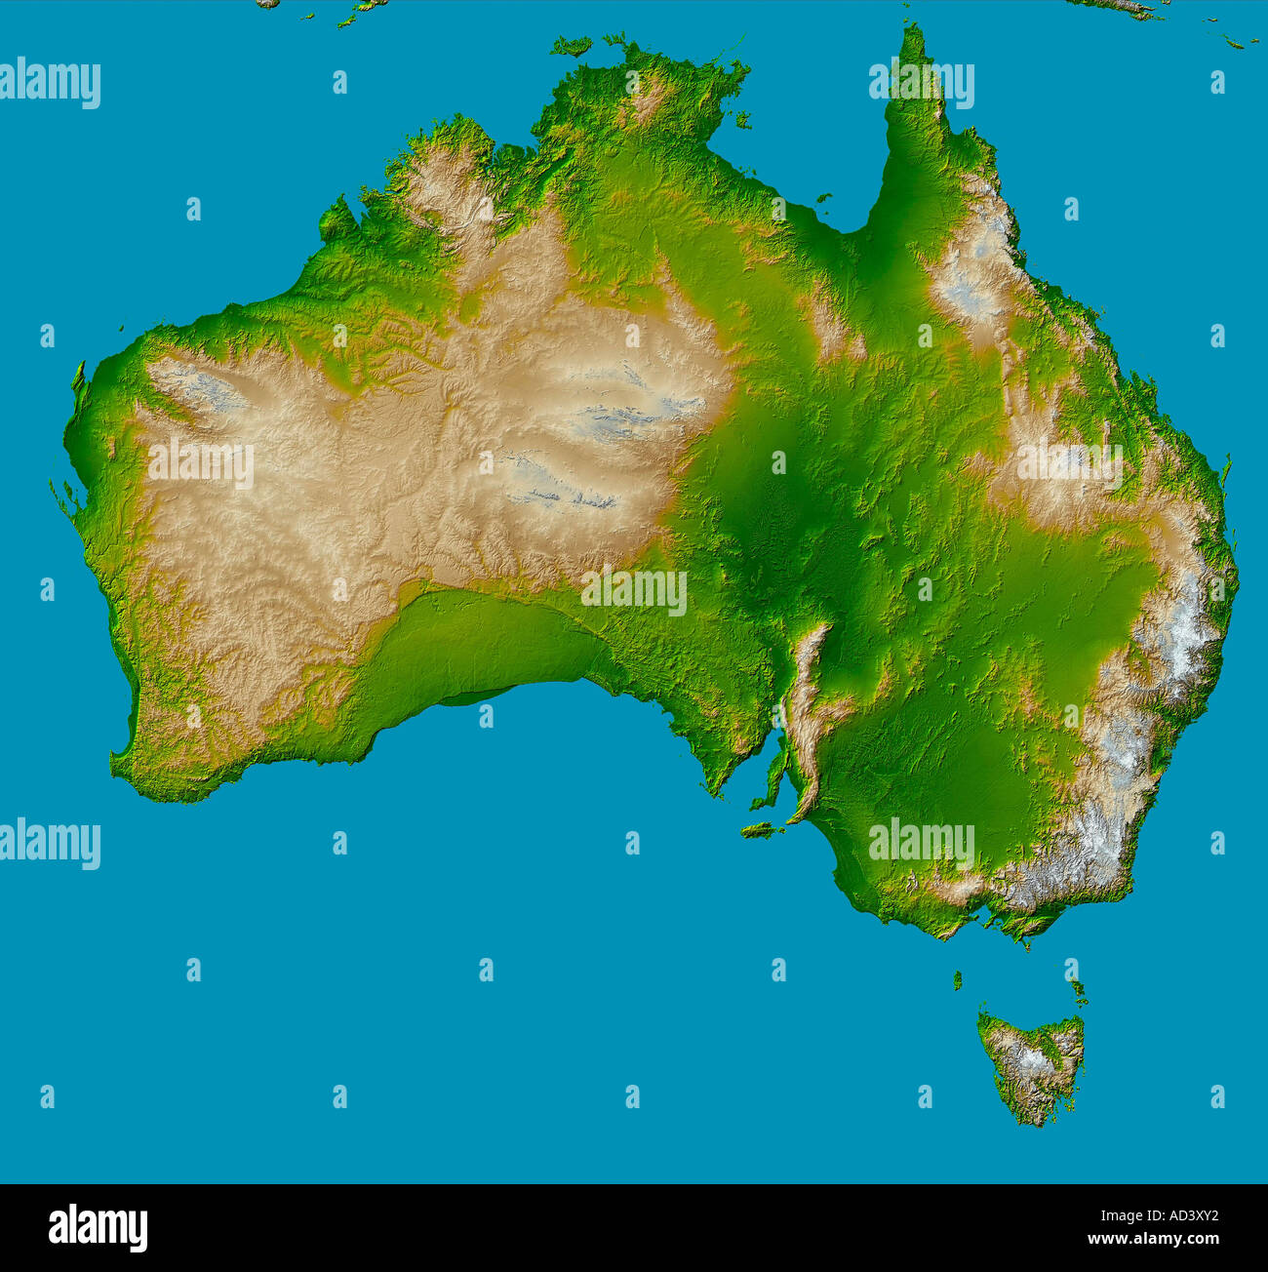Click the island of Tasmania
pos(1032,1063)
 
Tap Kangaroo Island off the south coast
pos(761,831)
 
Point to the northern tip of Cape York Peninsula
pos(913,31)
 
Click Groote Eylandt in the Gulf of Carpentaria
pos(743,120)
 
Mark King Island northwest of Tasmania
pos(957,978)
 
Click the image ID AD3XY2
pos(1180,1215)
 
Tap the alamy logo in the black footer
pos(98,1227)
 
